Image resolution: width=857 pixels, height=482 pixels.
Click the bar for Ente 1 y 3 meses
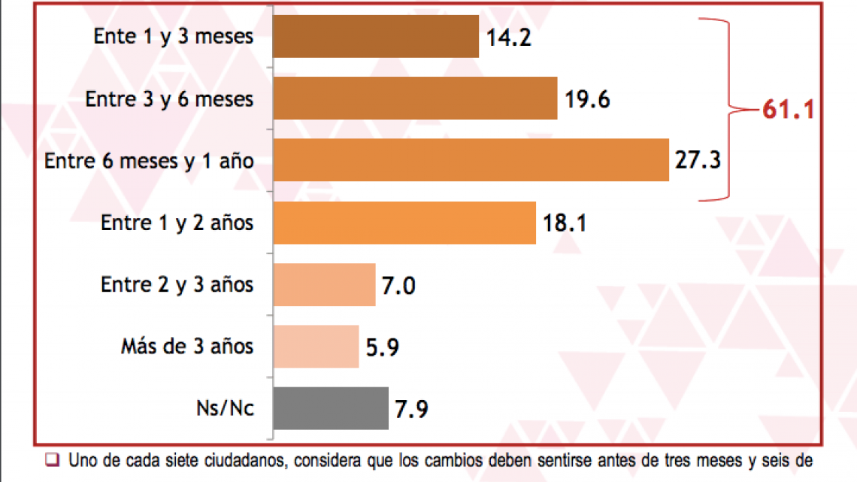point(375,37)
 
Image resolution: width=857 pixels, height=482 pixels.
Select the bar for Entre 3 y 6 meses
point(414,99)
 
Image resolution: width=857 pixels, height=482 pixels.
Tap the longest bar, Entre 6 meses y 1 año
point(470,160)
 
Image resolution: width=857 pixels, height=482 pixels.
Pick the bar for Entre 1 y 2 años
point(404,223)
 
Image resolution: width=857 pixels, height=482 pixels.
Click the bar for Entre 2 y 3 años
point(324,285)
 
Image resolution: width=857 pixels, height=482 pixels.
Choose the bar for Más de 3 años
point(316,347)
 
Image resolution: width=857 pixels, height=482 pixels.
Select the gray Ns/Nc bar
point(331,408)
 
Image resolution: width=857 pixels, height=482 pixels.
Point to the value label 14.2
point(509,38)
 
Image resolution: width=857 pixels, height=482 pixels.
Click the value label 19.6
point(587,99)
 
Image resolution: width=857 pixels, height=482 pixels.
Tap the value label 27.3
point(698,161)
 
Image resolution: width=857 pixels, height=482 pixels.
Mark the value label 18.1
point(565,223)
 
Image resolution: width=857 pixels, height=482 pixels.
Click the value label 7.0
point(399,286)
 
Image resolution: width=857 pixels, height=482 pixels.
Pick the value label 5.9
point(383,347)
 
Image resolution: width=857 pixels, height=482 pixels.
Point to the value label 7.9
point(412,410)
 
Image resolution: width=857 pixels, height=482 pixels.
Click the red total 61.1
point(789,110)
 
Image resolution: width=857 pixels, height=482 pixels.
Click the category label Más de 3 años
point(187,347)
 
